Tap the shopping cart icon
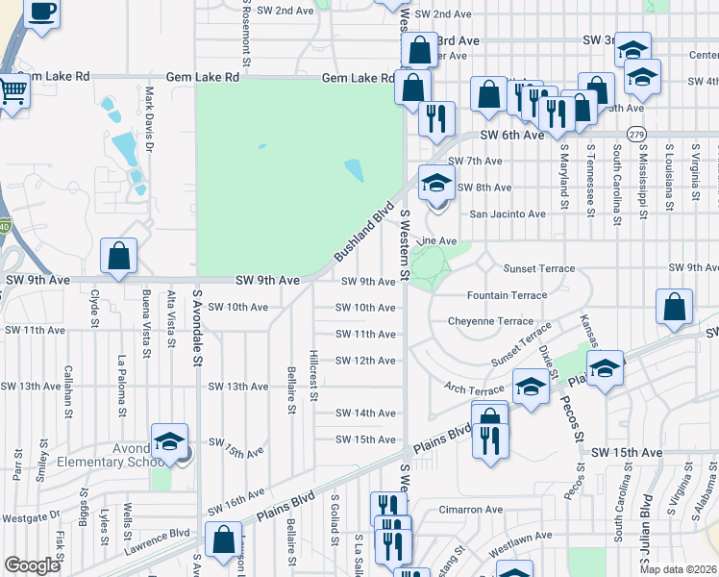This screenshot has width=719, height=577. (13, 92)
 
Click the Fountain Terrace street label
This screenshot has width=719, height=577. (507, 295)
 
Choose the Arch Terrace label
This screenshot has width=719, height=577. (474, 389)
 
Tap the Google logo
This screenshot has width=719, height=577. (33, 565)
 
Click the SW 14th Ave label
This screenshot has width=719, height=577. (365, 413)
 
